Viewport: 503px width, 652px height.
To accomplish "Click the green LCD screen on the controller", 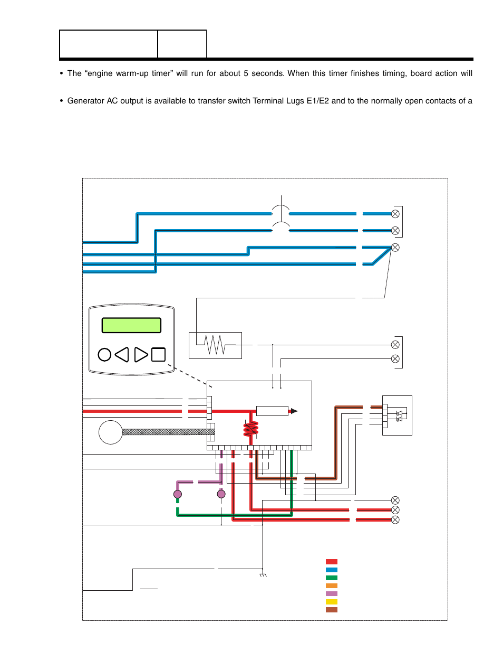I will coord(131,325).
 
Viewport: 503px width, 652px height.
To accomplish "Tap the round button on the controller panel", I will coord(104,355).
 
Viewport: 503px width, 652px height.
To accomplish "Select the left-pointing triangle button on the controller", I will coord(122,355).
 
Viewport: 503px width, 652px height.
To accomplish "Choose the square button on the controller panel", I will coord(158,355).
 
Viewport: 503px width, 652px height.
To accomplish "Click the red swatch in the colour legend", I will coord(331,562).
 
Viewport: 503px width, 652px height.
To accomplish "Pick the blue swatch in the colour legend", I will coord(331,570).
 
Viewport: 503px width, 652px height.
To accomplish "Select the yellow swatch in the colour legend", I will coord(331,602).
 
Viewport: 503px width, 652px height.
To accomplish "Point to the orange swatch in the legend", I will coord(331,586).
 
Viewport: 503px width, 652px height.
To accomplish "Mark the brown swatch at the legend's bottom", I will coord(331,610).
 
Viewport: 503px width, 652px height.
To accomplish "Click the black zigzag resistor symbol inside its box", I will coord(215,345).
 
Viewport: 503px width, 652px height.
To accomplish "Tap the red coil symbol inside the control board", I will coord(251,429).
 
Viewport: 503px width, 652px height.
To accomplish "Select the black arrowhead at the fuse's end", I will coord(294,411).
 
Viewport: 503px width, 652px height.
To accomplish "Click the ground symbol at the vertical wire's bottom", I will coord(263,575).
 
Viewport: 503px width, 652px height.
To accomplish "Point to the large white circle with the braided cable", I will coord(111,432).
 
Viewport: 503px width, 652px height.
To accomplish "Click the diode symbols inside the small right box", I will coord(399,416).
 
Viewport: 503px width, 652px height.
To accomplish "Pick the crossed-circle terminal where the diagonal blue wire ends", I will coord(395,248).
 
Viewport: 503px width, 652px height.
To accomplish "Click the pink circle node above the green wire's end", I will coord(178,495).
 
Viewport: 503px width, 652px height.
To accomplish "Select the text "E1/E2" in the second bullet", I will coord(317,101).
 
